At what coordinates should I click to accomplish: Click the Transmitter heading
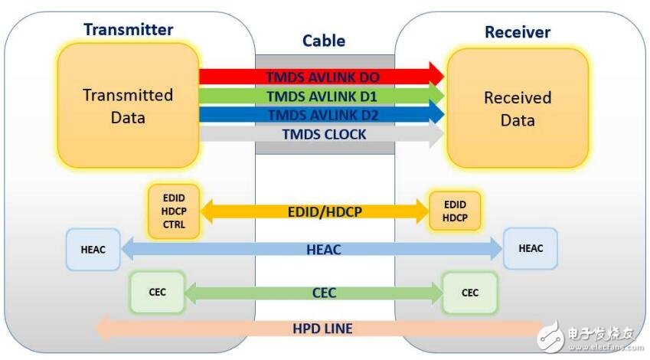tap(128, 30)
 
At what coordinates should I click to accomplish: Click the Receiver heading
tap(518, 32)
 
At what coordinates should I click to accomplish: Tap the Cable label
tap(324, 41)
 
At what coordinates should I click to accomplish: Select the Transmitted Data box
tap(128, 106)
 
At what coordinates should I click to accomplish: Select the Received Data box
tap(518, 109)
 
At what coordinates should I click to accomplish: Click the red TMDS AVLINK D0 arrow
tap(322, 77)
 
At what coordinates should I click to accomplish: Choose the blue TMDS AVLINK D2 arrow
tap(322, 115)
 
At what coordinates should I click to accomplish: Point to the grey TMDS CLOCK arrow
tap(322, 134)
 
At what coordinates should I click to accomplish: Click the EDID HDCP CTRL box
tap(174, 208)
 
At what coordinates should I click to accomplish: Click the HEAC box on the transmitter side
tap(93, 248)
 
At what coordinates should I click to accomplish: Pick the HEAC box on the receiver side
tap(530, 248)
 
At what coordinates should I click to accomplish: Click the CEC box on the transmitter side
tap(157, 292)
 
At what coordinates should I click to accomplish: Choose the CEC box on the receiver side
tap(470, 292)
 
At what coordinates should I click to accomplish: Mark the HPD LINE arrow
tap(322, 329)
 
